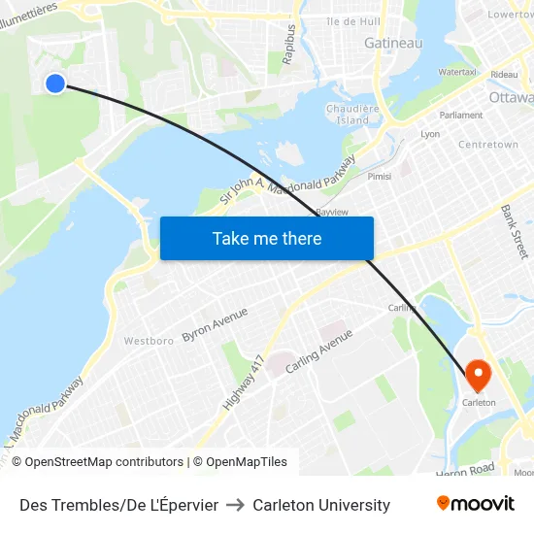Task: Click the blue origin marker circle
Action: pyautogui.click(x=55, y=83)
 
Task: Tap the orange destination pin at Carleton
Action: pyautogui.click(x=479, y=375)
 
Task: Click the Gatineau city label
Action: pyautogui.click(x=393, y=43)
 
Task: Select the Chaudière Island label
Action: pyautogui.click(x=347, y=115)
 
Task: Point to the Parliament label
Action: pyautogui.click(x=461, y=115)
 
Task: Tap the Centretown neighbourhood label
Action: pyautogui.click(x=488, y=145)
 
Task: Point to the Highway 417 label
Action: pyautogui.click(x=244, y=382)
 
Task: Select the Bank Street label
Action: pyautogui.click(x=514, y=224)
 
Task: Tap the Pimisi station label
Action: pyautogui.click(x=380, y=176)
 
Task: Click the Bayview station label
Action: pyautogui.click(x=332, y=212)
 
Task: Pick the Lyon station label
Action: pyautogui.click(x=430, y=134)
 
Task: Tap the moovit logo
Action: pyautogui.click(x=476, y=504)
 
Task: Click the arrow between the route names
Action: pyautogui.click(x=236, y=505)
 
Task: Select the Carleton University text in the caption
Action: pyautogui.click(x=321, y=505)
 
